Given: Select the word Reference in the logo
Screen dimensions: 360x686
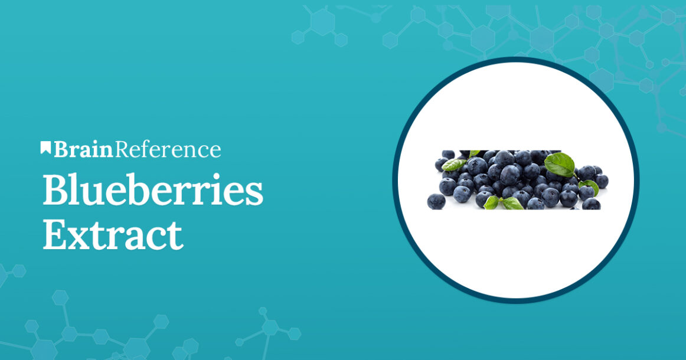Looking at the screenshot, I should pyautogui.click(x=168, y=150).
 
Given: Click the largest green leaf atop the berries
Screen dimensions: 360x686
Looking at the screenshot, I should pyautogui.click(x=559, y=164).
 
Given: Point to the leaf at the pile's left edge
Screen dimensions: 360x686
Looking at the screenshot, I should pyautogui.click(x=453, y=165).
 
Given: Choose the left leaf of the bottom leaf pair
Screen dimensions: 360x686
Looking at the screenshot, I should pyautogui.click(x=491, y=202).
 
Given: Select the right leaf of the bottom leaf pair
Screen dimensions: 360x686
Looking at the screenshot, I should pyautogui.click(x=512, y=204).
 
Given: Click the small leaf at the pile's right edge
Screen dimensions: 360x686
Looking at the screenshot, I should pyautogui.click(x=590, y=186).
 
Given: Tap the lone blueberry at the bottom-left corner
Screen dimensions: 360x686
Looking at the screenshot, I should pyautogui.click(x=436, y=201).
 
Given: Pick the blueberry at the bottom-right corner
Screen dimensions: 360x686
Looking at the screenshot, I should pyautogui.click(x=591, y=204).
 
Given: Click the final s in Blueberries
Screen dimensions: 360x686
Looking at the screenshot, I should pyautogui.click(x=254, y=193).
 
